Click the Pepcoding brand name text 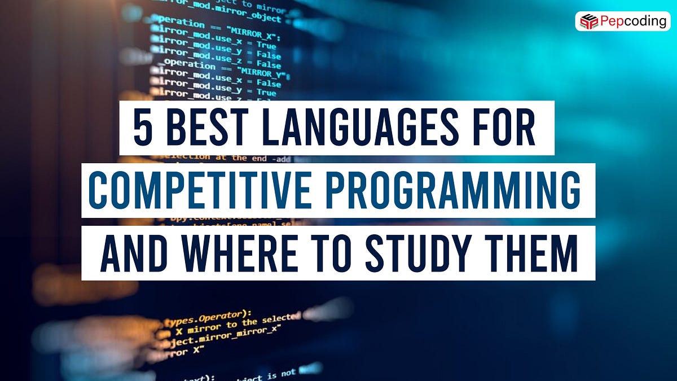click(632, 21)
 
